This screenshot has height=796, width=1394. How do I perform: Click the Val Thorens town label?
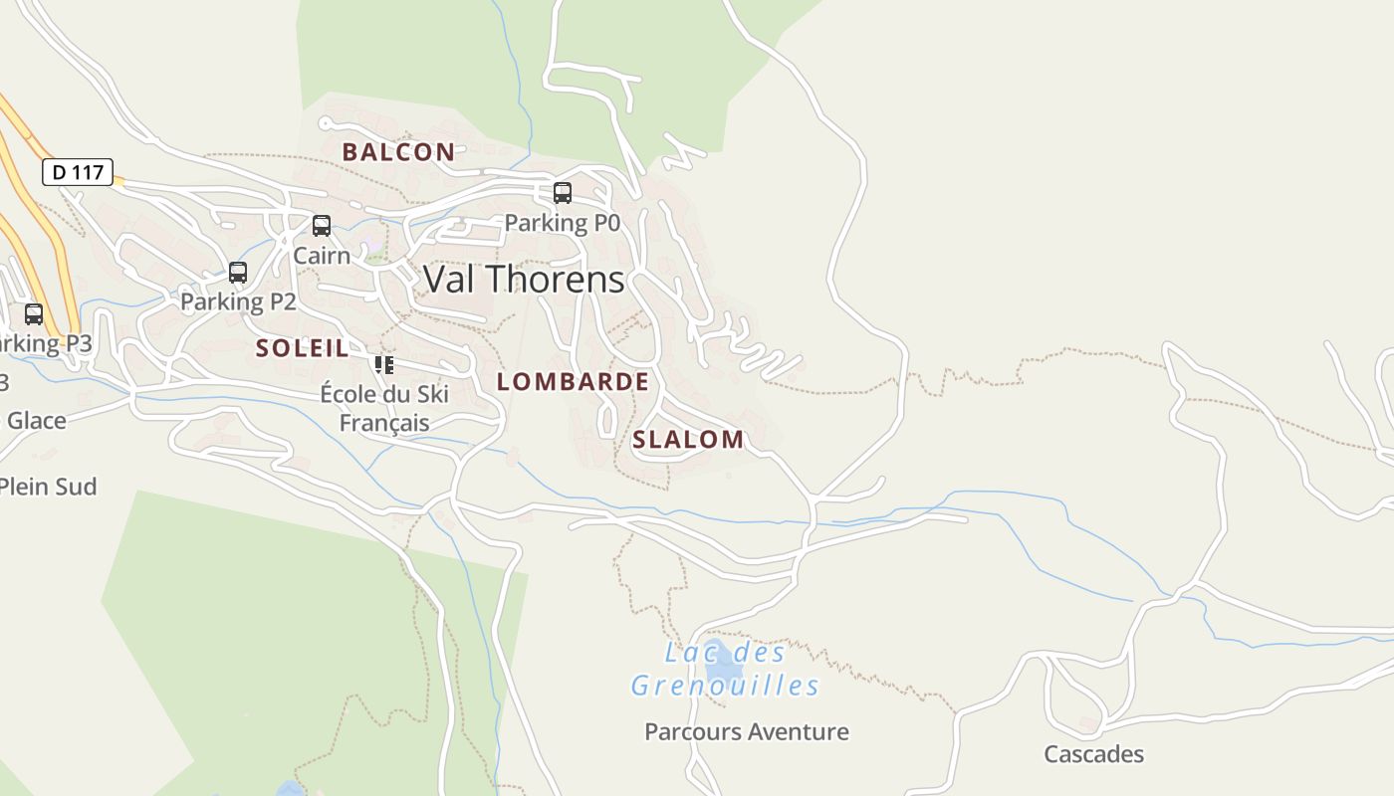click(x=524, y=279)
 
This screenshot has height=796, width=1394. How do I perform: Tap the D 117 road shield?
click(x=78, y=172)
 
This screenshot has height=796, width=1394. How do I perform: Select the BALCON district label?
click(x=398, y=152)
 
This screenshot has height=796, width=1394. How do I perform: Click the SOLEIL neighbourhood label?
click(x=303, y=348)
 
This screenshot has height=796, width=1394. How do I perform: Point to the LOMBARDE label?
click(x=573, y=382)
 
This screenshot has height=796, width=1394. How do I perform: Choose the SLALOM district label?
click(x=688, y=440)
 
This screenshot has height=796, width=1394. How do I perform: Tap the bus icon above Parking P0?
click(x=563, y=193)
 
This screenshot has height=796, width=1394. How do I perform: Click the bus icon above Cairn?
click(x=322, y=226)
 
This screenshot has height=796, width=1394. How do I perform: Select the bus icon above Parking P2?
click(x=238, y=273)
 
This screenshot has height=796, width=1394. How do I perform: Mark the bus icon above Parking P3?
click(x=34, y=314)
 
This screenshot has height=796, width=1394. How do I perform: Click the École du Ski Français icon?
click(x=384, y=365)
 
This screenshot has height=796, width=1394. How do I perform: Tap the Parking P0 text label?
click(x=563, y=223)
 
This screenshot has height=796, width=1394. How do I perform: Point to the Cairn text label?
click(x=322, y=256)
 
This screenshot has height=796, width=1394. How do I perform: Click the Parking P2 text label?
click(x=238, y=301)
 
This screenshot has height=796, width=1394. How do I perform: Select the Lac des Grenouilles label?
click(x=725, y=669)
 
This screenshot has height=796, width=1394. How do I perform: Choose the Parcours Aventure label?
click(x=747, y=732)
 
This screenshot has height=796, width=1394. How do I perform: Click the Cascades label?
click(x=1093, y=754)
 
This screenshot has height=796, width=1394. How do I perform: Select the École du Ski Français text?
click(x=384, y=408)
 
